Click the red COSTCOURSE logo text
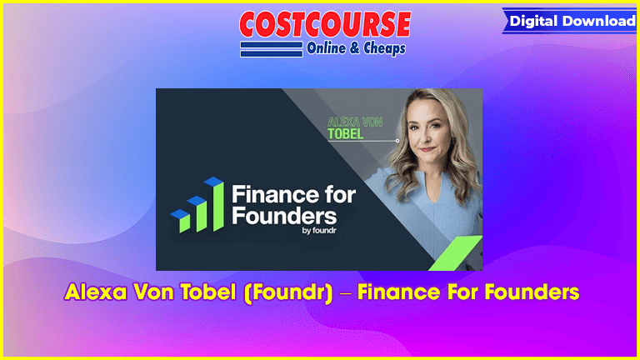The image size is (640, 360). [325, 24]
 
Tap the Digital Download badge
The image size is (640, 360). [570, 21]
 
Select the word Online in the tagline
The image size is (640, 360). [326, 48]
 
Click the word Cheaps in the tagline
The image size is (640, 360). [384, 48]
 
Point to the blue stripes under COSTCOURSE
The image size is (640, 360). [272, 49]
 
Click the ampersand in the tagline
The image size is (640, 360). [354, 48]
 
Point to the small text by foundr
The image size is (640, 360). [319, 231]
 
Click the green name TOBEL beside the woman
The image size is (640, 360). [345, 134]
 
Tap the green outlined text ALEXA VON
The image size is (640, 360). [355, 122]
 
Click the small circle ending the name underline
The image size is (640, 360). [397, 141]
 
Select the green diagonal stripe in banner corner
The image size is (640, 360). [455, 253]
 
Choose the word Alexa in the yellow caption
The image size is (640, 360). [96, 292]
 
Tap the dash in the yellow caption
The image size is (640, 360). [345, 293]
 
